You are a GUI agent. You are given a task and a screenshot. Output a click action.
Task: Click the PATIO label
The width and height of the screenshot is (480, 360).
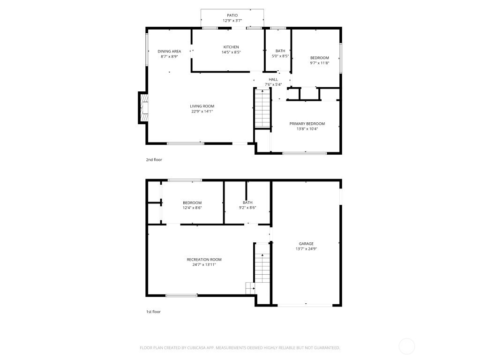232,15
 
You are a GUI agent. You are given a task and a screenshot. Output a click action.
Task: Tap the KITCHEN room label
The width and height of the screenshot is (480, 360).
231,47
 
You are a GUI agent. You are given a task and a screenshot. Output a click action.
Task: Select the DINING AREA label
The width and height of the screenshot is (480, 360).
169,51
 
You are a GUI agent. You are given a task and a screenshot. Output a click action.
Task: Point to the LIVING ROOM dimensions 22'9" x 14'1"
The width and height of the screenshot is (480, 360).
202,112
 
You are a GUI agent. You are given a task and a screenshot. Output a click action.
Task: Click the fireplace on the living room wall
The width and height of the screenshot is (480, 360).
143,108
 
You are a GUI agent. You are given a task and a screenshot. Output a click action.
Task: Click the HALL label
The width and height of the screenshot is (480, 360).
273,79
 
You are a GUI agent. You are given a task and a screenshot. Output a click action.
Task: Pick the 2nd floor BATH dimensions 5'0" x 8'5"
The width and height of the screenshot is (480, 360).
280,56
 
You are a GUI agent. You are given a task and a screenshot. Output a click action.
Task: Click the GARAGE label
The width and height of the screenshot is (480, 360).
306,244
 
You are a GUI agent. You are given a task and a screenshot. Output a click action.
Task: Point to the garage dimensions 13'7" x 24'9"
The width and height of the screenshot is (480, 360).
306,249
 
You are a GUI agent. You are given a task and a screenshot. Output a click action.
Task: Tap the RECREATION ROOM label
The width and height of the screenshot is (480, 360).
204,259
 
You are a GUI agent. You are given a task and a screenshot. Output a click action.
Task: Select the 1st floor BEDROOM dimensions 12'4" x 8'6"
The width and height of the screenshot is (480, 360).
192,208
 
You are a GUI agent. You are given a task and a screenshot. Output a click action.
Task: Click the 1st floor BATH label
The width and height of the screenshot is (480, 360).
247,202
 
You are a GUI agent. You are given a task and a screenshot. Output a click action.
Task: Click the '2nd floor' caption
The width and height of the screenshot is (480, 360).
154,160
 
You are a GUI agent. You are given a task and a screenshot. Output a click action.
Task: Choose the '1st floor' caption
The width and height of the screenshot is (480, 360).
153,311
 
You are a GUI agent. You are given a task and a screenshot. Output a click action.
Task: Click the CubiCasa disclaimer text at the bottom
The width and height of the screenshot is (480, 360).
240,348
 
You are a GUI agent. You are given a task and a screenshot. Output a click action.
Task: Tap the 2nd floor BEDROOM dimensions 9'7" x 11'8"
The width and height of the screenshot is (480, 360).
319,63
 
